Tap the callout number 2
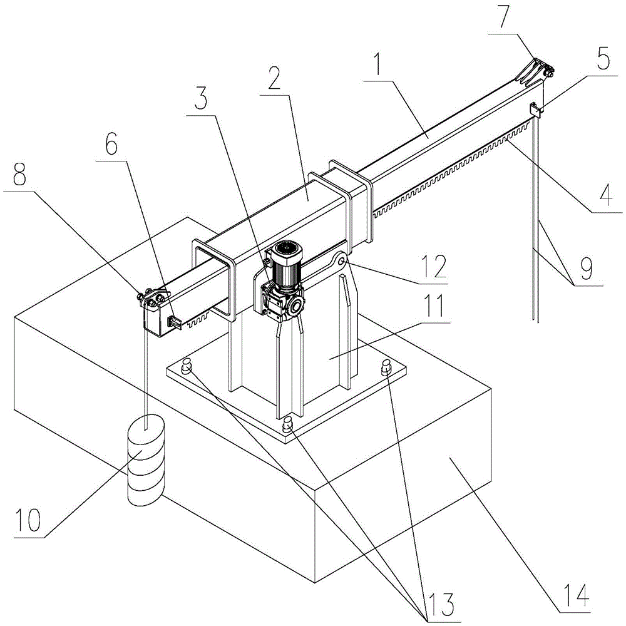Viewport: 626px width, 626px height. (x=274, y=78)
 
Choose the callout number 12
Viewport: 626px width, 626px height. (x=434, y=266)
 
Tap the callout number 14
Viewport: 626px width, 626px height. (x=576, y=595)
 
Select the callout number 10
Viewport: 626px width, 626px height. (x=28, y=520)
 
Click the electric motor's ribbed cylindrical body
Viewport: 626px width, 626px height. (x=287, y=267)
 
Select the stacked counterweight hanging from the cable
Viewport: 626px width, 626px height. (x=145, y=460)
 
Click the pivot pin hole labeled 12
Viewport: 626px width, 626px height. (x=342, y=262)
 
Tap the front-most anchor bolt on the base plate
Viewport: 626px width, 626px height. (x=287, y=424)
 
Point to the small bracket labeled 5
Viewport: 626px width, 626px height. (x=535, y=110)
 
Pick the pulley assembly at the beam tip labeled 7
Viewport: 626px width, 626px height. (x=536, y=71)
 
